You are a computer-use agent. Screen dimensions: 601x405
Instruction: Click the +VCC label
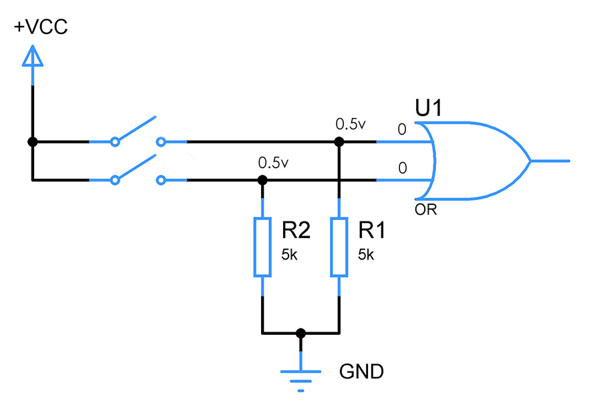(41, 27)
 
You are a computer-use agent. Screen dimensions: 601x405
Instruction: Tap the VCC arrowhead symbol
(33, 56)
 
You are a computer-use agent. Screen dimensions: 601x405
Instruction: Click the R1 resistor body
(339, 247)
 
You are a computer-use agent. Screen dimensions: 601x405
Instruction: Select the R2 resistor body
(262, 247)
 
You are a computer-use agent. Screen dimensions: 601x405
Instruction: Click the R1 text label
(371, 230)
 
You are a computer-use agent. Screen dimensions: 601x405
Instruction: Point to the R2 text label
(296, 230)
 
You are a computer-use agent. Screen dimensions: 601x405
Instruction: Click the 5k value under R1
(366, 255)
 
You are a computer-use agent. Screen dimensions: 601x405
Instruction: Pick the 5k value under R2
(289, 255)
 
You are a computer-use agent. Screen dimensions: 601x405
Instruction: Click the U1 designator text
(428, 107)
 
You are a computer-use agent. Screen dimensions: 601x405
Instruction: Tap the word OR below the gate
(425, 210)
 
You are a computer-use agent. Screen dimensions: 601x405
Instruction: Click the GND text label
(361, 372)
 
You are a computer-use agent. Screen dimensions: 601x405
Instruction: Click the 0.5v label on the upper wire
(351, 123)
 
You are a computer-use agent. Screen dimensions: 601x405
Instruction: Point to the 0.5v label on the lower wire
(273, 163)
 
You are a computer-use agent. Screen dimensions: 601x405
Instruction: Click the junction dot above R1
(339, 142)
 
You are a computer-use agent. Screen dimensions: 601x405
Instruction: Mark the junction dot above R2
(262, 180)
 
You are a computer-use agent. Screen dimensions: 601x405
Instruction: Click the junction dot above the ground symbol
(301, 333)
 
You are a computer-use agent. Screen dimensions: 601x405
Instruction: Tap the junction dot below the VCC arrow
(33, 142)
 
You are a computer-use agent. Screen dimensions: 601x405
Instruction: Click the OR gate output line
(550, 161)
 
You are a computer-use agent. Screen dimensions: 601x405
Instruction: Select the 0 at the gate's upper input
(402, 129)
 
